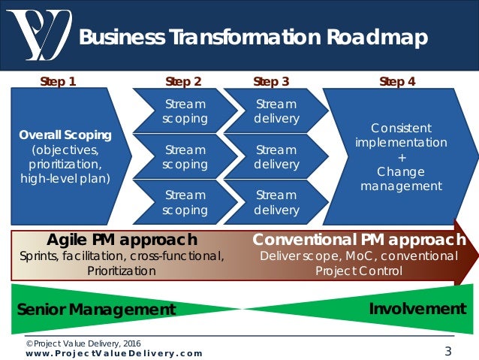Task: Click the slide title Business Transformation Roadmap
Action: point(253,37)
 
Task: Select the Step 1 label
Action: point(58,81)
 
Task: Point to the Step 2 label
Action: point(183,81)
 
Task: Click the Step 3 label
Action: point(271,81)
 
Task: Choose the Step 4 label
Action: point(397,81)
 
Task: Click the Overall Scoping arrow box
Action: point(66,156)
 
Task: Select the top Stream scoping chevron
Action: point(185,111)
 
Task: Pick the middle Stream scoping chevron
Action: point(185,156)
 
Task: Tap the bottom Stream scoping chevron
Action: point(185,202)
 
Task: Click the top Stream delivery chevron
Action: point(276,111)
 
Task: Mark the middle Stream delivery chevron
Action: point(276,156)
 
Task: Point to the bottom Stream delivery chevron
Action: point(276,202)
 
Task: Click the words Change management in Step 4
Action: point(401,179)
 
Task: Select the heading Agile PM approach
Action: point(122,240)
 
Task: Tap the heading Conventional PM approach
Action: point(359,240)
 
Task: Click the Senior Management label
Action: point(96,309)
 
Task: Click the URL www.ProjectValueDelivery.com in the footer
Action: point(110,352)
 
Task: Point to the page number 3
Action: point(448,350)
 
